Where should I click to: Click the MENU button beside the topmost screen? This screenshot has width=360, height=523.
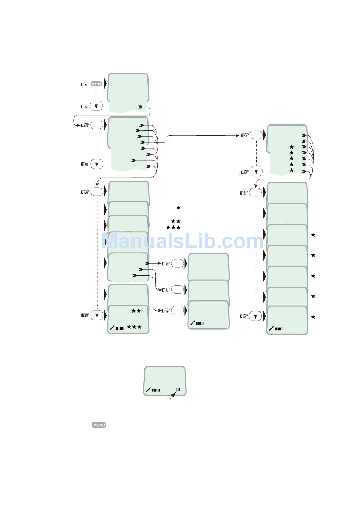click(96, 84)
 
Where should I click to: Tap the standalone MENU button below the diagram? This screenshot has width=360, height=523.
click(99, 425)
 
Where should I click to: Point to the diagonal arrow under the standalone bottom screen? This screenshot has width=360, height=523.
click(172, 396)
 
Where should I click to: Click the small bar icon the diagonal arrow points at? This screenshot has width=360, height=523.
click(178, 390)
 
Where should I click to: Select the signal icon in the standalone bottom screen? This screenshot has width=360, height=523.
click(153, 390)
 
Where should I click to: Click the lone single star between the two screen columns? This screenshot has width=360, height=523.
click(178, 207)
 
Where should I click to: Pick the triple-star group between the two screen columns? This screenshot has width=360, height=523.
click(173, 228)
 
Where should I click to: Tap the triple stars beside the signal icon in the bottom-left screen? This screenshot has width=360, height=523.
click(134, 327)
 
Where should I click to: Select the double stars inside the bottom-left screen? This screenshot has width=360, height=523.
click(136, 311)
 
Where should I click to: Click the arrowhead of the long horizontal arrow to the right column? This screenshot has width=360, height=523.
click(237, 135)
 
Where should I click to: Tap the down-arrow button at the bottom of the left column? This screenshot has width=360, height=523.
click(97, 315)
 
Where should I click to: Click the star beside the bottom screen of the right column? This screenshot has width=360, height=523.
click(313, 317)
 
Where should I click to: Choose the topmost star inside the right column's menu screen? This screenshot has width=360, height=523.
click(291, 147)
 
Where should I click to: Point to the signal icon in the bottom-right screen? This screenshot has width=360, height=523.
click(276, 328)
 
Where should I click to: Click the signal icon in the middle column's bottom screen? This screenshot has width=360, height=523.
click(197, 323)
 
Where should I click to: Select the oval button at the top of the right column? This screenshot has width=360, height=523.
click(256, 135)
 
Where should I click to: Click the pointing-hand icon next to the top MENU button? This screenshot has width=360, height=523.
click(85, 84)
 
